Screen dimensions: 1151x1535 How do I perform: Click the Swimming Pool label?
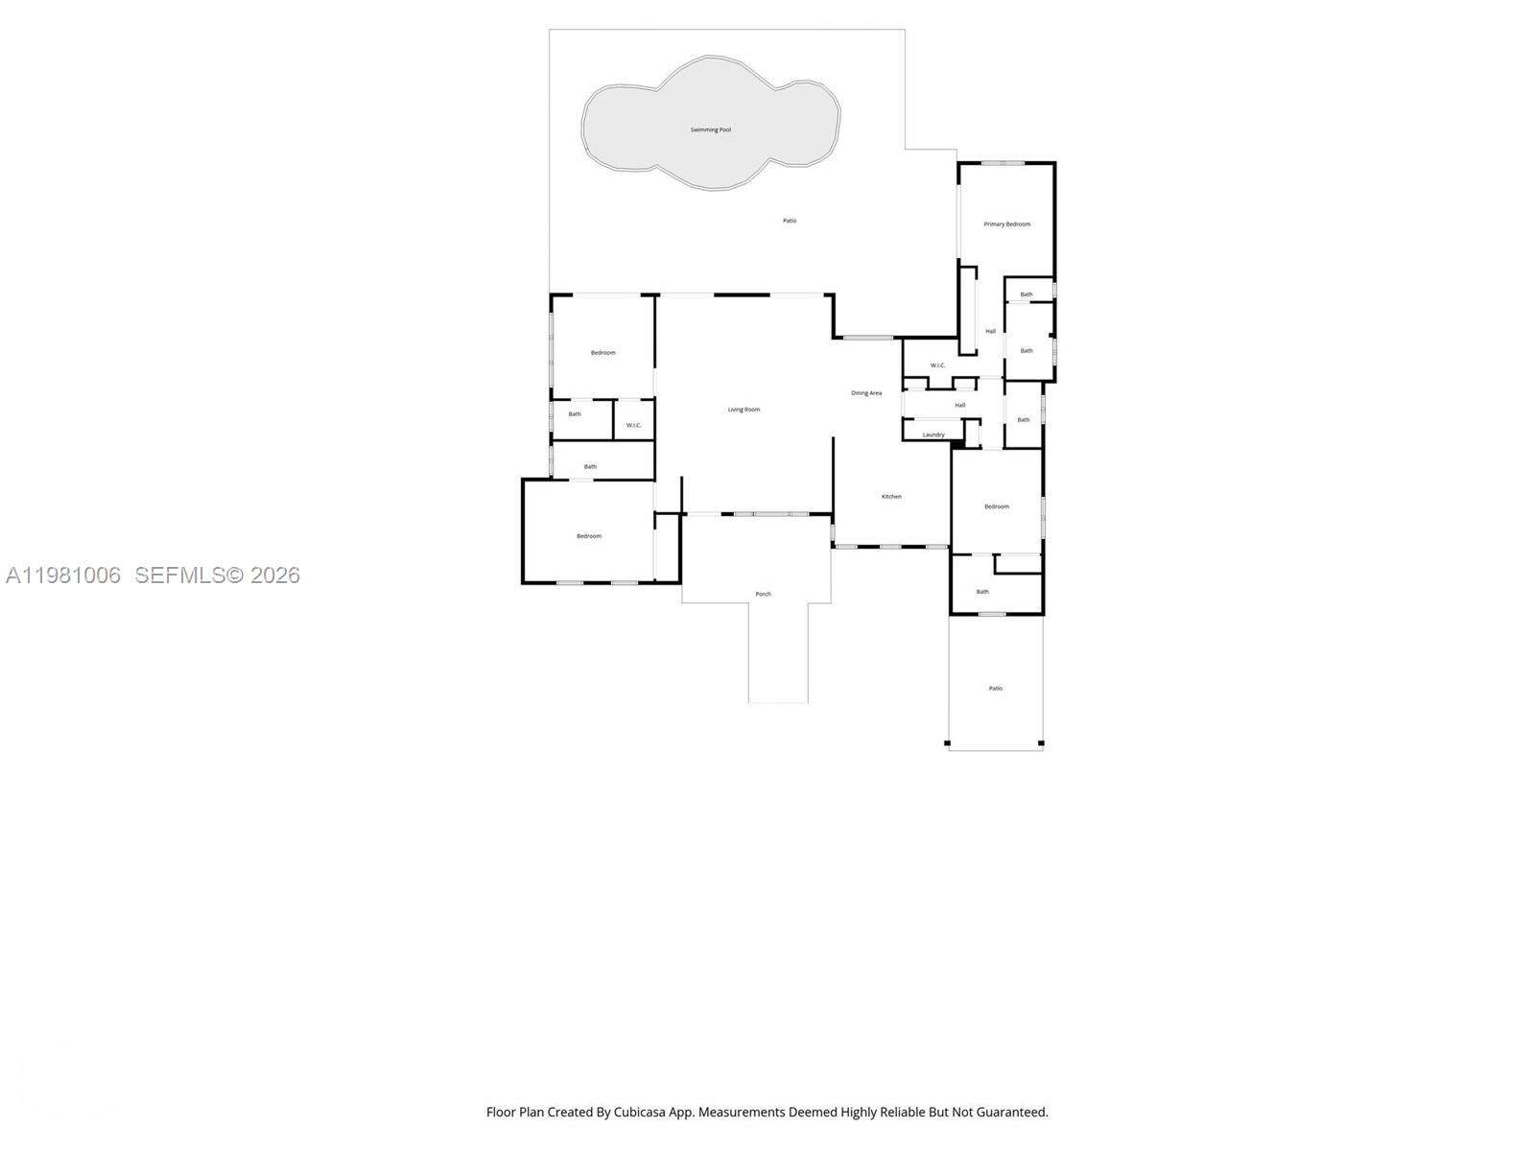pos(711,129)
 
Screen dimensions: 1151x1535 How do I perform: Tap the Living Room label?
pos(744,410)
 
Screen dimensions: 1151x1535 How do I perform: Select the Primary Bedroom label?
pos(1007,224)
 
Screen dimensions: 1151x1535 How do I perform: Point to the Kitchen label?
pos(891,497)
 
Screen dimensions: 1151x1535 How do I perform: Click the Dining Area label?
pos(866,393)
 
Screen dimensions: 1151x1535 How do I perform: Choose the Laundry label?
pos(933,435)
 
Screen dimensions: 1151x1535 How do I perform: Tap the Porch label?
pos(763,595)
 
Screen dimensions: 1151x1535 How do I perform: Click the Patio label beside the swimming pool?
pos(790,221)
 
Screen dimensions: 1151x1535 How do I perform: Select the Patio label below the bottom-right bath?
pos(996,689)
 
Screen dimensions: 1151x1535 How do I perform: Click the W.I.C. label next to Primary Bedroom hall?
pos(937,365)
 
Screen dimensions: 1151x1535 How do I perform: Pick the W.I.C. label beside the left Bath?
pos(633,426)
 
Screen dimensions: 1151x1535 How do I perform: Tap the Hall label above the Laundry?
pos(959,406)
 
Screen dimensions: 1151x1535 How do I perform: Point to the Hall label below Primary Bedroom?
pos(990,332)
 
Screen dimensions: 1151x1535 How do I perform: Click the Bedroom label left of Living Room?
pos(602,353)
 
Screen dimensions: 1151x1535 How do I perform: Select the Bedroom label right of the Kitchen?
pos(997,506)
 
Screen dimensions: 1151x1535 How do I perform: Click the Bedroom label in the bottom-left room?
pos(589,536)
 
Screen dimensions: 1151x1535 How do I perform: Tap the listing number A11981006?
pos(63,575)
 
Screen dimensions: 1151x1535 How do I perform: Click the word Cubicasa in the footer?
pos(653,1113)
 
